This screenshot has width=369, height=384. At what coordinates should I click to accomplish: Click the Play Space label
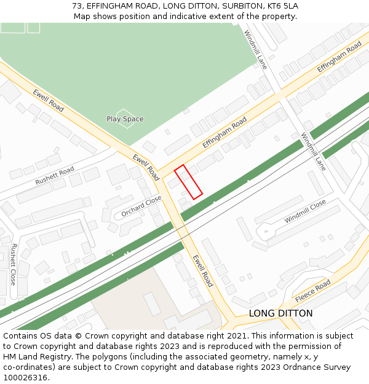tap(125, 119)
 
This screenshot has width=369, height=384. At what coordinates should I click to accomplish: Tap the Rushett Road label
tap(54, 175)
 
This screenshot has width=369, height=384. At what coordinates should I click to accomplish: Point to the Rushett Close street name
tap(14, 264)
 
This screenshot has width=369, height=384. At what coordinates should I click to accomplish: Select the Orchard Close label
tap(141, 206)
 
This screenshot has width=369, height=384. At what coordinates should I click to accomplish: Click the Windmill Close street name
tap(305, 211)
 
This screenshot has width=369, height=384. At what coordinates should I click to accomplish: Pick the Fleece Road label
tap(312, 291)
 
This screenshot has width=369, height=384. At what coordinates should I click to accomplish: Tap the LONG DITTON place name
tap(280, 313)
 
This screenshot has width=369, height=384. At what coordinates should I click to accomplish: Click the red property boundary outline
tap(188, 182)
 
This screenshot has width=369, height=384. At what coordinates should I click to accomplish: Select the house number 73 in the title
tap(77, 6)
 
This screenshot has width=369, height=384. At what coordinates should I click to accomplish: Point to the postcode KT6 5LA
tap(282, 6)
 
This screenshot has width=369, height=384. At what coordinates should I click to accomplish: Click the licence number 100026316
tap(25, 378)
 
